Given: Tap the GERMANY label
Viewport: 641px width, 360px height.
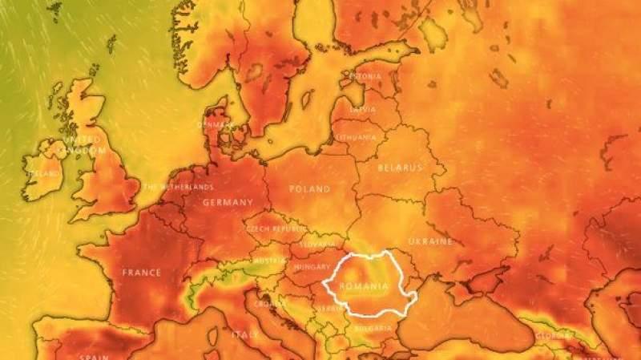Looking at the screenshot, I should pos(228,203).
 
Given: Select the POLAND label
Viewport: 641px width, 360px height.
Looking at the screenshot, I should pos(308,189).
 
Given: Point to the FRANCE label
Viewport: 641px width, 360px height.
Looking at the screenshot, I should pos(142,273).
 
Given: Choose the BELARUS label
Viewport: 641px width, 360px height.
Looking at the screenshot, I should pos(400,168).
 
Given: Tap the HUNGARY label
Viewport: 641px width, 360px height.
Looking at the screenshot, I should pos(312,266).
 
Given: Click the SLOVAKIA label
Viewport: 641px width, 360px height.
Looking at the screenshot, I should pos(318,244).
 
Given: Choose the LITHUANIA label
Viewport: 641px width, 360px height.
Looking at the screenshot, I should pos(355,137).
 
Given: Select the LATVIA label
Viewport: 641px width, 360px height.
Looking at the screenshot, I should pos(363,109).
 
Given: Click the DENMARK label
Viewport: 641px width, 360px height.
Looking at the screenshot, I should pos(216,124).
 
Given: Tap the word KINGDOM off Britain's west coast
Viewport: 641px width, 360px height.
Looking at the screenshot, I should pos(83,151).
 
